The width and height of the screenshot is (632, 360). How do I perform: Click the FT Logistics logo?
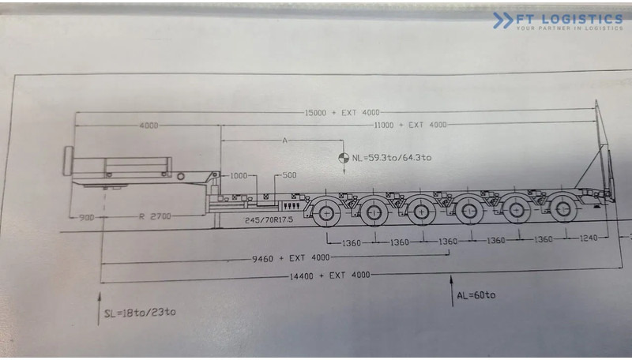(x=557, y=21)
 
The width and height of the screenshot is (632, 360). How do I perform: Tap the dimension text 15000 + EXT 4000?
(x=337, y=113)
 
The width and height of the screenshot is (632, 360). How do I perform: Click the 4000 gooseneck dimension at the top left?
(x=148, y=126)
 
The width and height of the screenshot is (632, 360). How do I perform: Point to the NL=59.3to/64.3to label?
(x=392, y=157)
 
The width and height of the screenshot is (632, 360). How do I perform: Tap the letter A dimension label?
(x=284, y=141)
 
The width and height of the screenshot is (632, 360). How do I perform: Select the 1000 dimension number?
(x=239, y=175)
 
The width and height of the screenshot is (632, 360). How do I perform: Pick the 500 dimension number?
(x=288, y=175)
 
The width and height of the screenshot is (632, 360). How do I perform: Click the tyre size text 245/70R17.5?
(x=269, y=220)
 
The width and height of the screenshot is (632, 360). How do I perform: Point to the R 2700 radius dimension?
(x=154, y=215)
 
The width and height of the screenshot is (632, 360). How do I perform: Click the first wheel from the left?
(x=326, y=212)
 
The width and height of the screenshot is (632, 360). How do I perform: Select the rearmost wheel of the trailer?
(x=563, y=209)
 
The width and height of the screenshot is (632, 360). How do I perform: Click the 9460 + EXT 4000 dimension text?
(x=291, y=257)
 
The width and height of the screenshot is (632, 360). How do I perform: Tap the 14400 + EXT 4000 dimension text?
(x=330, y=275)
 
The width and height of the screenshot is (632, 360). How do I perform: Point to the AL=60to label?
(x=476, y=295)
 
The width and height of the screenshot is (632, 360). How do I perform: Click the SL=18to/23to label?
(x=140, y=312)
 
